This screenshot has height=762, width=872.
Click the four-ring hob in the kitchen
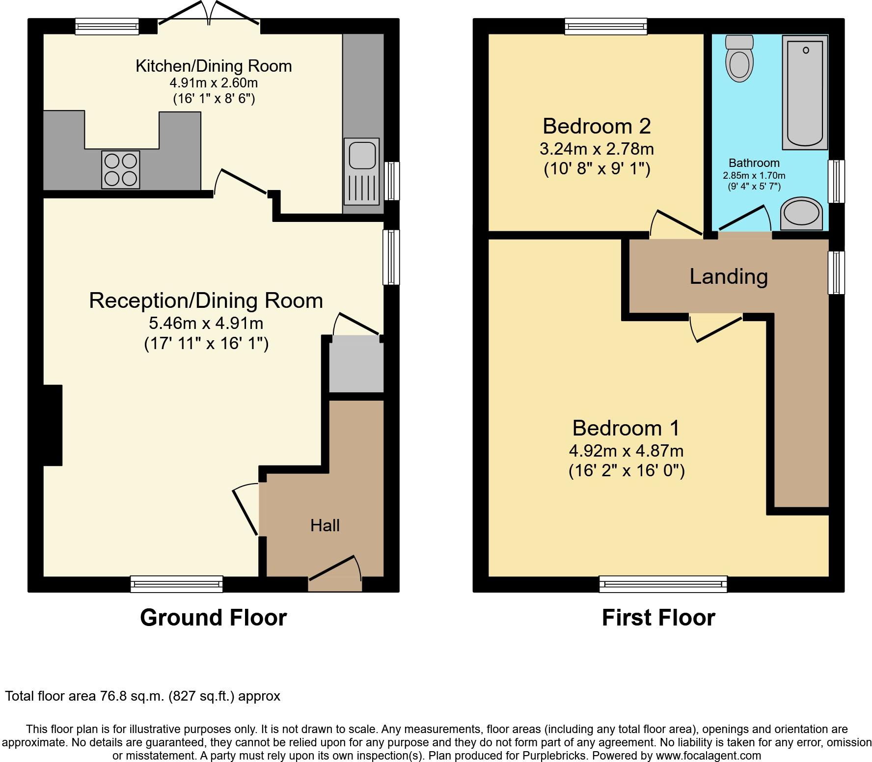pyautogui.click(x=120, y=170)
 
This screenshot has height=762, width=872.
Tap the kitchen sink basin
pyautogui.click(x=362, y=154)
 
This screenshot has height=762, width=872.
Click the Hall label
pyautogui.click(x=325, y=526)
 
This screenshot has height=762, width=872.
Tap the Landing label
pyautogui.click(x=729, y=276)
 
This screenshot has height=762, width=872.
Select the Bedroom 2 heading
pyautogui.click(x=597, y=126)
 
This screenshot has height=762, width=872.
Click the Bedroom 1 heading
pyautogui.click(x=626, y=428)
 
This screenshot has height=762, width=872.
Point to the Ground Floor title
pyautogui.click(x=213, y=617)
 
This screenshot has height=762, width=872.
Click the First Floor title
pyautogui.click(x=658, y=617)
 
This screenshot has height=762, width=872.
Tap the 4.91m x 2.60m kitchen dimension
pyautogui.click(x=214, y=82)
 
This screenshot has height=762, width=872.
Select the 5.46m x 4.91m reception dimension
pyautogui.click(x=206, y=323)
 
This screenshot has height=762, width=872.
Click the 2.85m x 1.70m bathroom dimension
pyautogui.click(x=754, y=175)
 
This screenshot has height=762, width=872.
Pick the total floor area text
pyautogui.click(x=143, y=696)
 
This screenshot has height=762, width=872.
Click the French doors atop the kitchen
pyautogui.click(x=209, y=13)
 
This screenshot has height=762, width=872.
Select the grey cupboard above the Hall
pyautogui.click(x=356, y=364)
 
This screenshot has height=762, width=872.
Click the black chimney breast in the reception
pyautogui.click(x=53, y=425)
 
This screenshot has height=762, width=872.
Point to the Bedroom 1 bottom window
pyautogui.click(x=663, y=584)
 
